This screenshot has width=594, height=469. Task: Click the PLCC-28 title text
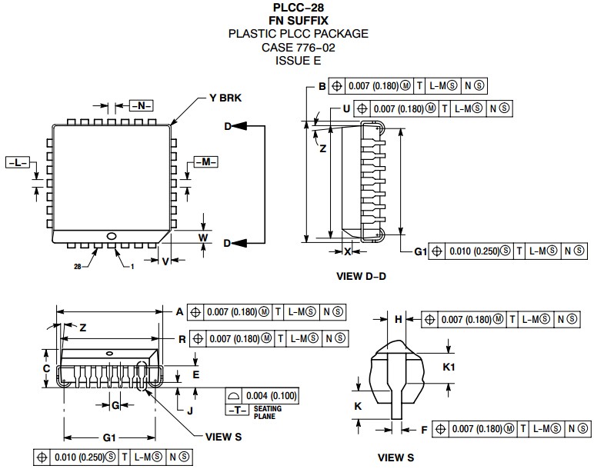tap(298, 8)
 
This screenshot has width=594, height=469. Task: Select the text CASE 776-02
tap(298, 47)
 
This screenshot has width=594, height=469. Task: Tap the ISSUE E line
tap(298, 60)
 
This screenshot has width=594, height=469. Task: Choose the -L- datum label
tap(17, 162)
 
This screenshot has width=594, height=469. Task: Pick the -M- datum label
tap(205, 161)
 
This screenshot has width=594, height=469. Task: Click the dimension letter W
tap(203, 238)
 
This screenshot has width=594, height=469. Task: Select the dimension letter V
tap(165, 261)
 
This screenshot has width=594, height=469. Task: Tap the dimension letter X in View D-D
tap(348, 251)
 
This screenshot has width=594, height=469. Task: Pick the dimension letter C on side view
tap(46, 369)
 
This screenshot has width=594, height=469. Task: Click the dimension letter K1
tap(449, 368)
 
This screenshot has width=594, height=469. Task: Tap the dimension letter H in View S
tap(399, 318)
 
